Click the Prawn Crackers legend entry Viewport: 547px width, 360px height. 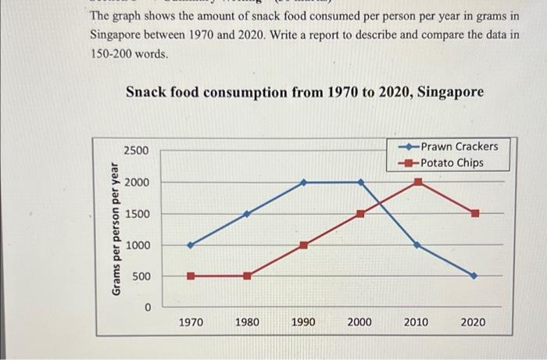click(x=458, y=147)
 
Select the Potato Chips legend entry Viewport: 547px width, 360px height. click(x=452, y=162)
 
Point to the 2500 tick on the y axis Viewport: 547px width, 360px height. click(x=134, y=150)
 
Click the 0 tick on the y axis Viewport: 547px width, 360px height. click(x=146, y=308)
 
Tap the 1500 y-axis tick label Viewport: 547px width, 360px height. click(x=134, y=214)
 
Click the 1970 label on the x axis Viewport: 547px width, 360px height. click(x=191, y=322)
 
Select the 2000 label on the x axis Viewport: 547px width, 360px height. click(x=359, y=322)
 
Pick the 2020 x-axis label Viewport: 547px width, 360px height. click(x=472, y=322)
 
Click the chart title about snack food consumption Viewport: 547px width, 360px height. click(x=305, y=92)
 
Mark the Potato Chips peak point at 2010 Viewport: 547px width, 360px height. click(x=418, y=182)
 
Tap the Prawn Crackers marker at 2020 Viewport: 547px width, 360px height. click(x=474, y=276)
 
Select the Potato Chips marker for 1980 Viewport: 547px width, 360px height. click(x=248, y=276)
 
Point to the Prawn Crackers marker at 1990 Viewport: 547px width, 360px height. click(x=304, y=183)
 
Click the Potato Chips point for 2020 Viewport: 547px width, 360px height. click(x=474, y=213)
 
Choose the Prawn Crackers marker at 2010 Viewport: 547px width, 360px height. click(x=418, y=245)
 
